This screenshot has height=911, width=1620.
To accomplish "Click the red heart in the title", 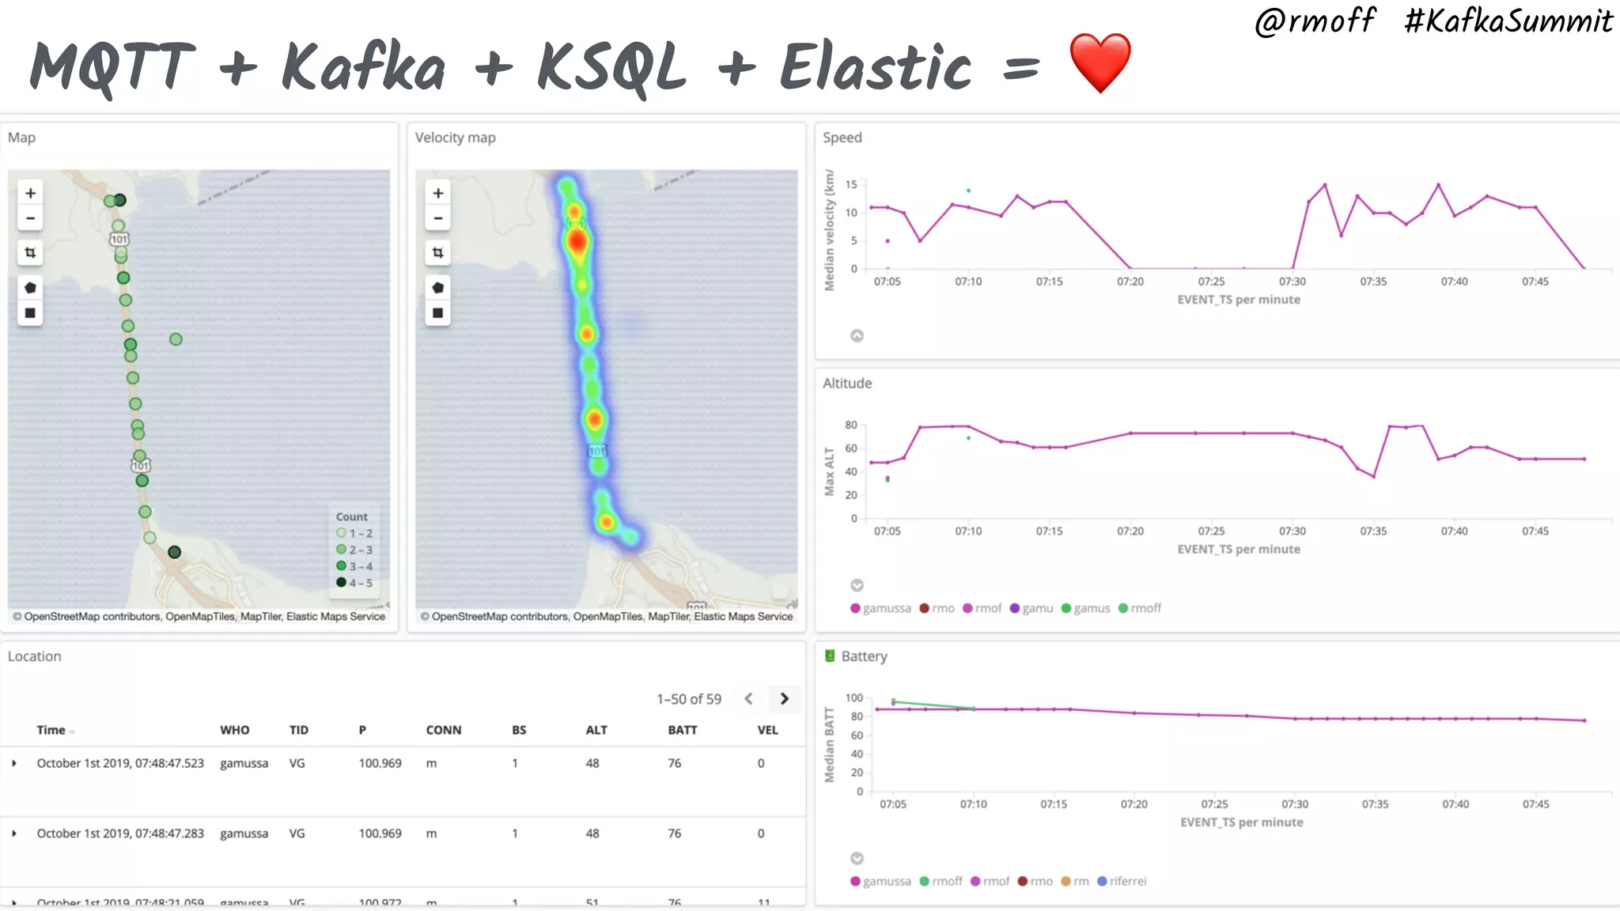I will click(x=1100, y=63).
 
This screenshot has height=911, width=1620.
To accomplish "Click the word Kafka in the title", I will click(x=363, y=67).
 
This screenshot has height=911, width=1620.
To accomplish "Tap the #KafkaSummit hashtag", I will click(x=1508, y=21).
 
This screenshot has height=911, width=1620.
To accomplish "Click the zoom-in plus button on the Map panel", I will click(x=30, y=193).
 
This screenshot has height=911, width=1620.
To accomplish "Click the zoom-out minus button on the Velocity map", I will click(x=437, y=219).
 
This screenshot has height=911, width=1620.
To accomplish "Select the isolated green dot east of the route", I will click(x=176, y=339).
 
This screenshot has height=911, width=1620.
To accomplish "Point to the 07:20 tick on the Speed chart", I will click(x=1130, y=282).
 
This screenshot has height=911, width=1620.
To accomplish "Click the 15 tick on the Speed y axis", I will click(x=851, y=184).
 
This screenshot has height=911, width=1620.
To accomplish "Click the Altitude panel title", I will click(x=846, y=384).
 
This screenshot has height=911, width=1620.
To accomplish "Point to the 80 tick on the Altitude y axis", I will click(x=851, y=425).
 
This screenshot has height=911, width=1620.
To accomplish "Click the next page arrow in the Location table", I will click(x=784, y=699).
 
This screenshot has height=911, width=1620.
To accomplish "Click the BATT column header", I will click(x=682, y=730).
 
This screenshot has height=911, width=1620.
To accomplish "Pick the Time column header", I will click(x=51, y=730).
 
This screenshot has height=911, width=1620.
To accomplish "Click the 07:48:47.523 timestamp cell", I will click(x=120, y=763).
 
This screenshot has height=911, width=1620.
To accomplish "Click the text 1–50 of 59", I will click(x=688, y=699).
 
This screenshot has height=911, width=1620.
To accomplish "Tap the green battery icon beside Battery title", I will click(x=830, y=656).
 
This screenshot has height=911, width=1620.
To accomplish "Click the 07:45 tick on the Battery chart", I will click(x=1535, y=804).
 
